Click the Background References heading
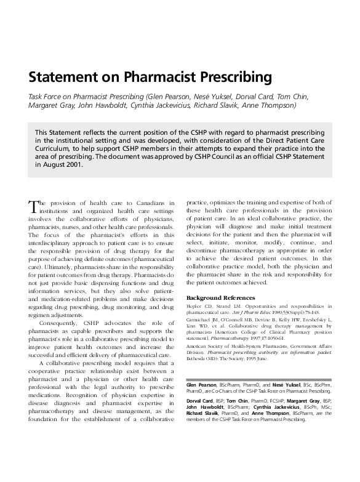pos(221,298)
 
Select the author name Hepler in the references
pos(195,306)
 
